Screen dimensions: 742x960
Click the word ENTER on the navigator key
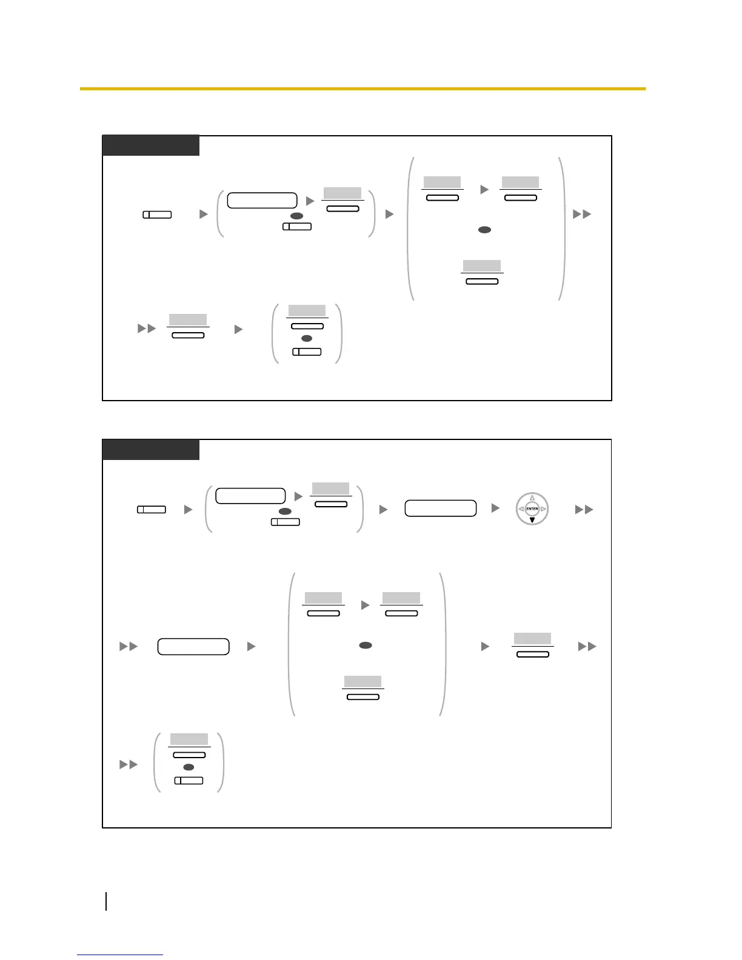tap(532, 509)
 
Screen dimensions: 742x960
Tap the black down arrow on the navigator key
tap(532, 520)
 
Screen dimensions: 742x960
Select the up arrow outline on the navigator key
tap(532, 498)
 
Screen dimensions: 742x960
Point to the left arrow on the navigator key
tap(521, 509)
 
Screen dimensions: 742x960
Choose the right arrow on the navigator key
tap(543, 509)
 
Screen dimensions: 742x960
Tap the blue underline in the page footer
tap(119, 955)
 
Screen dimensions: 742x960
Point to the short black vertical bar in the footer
tap(107, 901)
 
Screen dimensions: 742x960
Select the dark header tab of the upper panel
tap(150, 145)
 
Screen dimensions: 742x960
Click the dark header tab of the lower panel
tap(150, 450)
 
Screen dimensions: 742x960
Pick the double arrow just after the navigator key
tap(584, 510)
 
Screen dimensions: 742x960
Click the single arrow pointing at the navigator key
tap(495, 508)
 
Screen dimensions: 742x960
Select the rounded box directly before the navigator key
tap(440, 508)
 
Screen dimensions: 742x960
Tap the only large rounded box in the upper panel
tap(262, 200)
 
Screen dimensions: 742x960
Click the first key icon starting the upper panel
tap(157, 215)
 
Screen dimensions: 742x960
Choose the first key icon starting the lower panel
tap(152, 510)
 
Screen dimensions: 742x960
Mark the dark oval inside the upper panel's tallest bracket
tap(484, 230)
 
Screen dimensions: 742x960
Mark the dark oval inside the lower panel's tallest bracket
tap(365, 645)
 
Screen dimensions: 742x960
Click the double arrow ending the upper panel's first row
tap(582, 214)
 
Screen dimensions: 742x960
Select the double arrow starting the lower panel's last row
tap(129, 765)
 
